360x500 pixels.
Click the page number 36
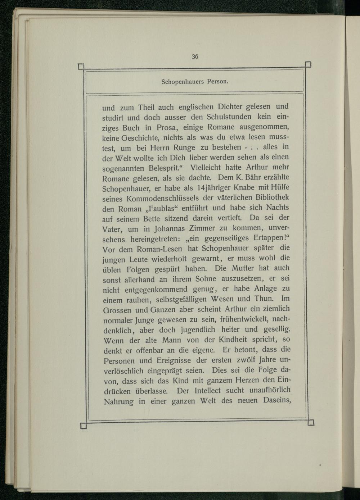click(195, 56)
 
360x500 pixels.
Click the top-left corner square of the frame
click(81, 66)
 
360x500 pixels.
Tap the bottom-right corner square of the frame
click(311, 422)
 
